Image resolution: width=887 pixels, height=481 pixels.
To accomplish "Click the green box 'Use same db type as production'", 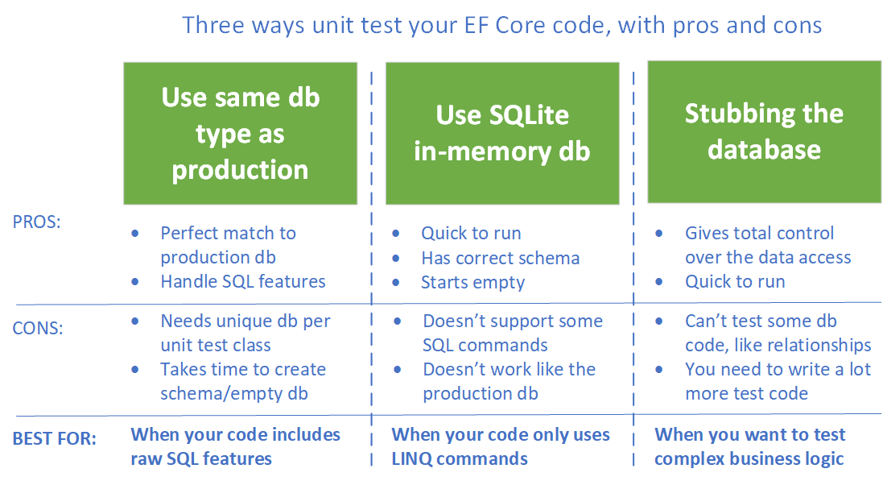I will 240,134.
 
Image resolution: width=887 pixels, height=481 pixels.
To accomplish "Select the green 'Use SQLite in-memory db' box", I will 502,134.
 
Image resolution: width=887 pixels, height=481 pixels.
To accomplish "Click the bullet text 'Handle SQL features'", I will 243,281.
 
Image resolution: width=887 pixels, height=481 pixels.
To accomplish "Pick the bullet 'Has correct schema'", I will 500,258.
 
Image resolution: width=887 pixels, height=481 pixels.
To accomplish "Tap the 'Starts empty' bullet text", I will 472,282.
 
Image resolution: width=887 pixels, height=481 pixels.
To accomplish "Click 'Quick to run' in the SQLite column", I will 471,234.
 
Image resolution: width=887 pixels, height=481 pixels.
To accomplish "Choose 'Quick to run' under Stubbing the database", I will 735,281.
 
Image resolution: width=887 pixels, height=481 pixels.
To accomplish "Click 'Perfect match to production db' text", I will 229,245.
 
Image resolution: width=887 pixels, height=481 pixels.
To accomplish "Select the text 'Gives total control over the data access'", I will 767,245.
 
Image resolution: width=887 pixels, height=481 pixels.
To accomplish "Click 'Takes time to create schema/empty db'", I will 242,381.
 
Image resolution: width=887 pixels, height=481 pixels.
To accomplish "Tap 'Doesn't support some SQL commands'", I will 512,333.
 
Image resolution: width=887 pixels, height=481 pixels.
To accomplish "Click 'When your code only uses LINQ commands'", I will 500,446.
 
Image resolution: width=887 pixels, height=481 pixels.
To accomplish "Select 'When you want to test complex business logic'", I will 749,446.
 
